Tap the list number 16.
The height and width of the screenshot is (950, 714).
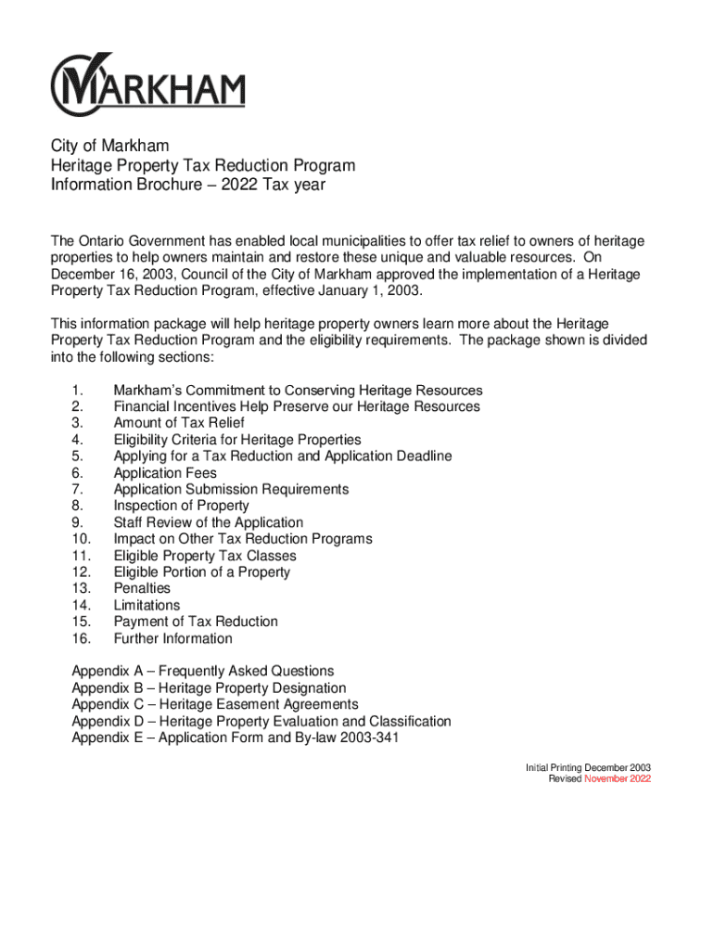tap(79, 638)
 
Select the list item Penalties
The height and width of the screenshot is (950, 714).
tap(142, 588)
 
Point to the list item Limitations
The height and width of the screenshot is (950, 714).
tap(147, 605)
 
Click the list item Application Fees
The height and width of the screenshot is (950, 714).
tap(165, 473)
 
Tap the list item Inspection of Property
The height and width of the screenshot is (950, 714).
tap(181, 506)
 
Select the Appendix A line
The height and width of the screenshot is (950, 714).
tap(203, 671)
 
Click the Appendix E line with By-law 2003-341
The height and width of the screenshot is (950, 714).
tap(236, 738)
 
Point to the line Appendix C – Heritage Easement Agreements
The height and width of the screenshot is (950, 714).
tap(215, 704)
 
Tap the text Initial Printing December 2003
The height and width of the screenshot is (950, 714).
tap(588, 767)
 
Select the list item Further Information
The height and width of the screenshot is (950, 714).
tap(172, 638)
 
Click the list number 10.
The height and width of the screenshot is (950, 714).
tap(79, 539)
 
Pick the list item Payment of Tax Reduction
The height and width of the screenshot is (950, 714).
tap(196, 622)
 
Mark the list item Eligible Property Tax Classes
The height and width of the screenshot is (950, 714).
tap(205, 556)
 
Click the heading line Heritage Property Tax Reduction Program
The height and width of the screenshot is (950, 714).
tap(203, 165)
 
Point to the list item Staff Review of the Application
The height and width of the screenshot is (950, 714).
tap(208, 522)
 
